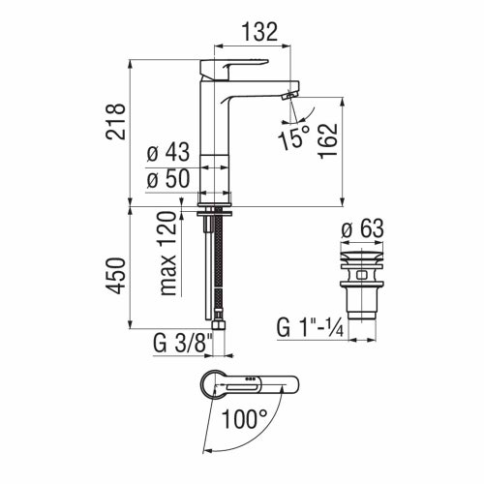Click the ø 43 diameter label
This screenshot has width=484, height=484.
(x=166, y=154)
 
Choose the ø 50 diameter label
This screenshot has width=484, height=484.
(x=166, y=179)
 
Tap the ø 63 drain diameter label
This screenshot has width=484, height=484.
(x=362, y=229)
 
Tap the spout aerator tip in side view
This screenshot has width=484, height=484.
(x=287, y=95)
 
